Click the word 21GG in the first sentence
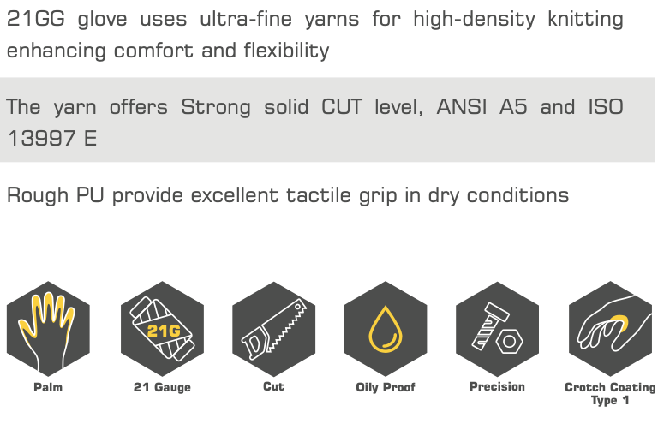(x=36, y=19)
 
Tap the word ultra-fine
(x=246, y=19)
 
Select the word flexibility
(x=287, y=51)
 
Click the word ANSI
(x=462, y=106)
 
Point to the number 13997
(x=40, y=138)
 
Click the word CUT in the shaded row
(x=341, y=106)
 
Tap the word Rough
(x=38, y=195)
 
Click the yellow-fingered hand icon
(x=46, y=331)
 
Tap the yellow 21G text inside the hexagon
(x=164, y=331)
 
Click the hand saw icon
(x=274, y=329)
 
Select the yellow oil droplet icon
(x=386, y=330)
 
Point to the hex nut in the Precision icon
(x=509, y=342)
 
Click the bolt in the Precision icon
(x=489, y=326)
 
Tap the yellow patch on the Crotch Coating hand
(x=620, y=323)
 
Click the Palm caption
(x=48, y=387)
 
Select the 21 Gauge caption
(x=162, y=387)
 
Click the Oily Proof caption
(x=386, y=387)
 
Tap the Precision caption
(x=497, y=386)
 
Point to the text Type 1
(x=610, y=400)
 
